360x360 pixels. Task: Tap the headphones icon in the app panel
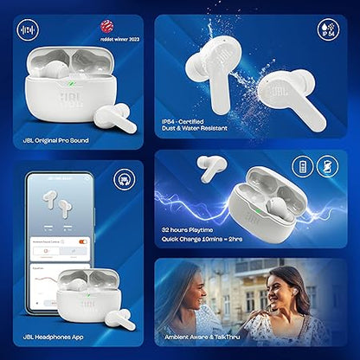[x=123, y=179]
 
